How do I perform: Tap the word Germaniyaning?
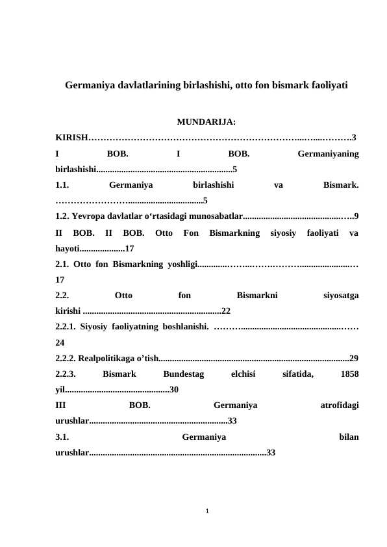[x=328, y=155]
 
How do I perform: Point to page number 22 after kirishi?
[x=226, y=310]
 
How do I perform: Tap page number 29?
[x=355, y=358]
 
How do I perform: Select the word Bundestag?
[x=184, y=374]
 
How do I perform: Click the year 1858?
[x=350, y=374]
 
